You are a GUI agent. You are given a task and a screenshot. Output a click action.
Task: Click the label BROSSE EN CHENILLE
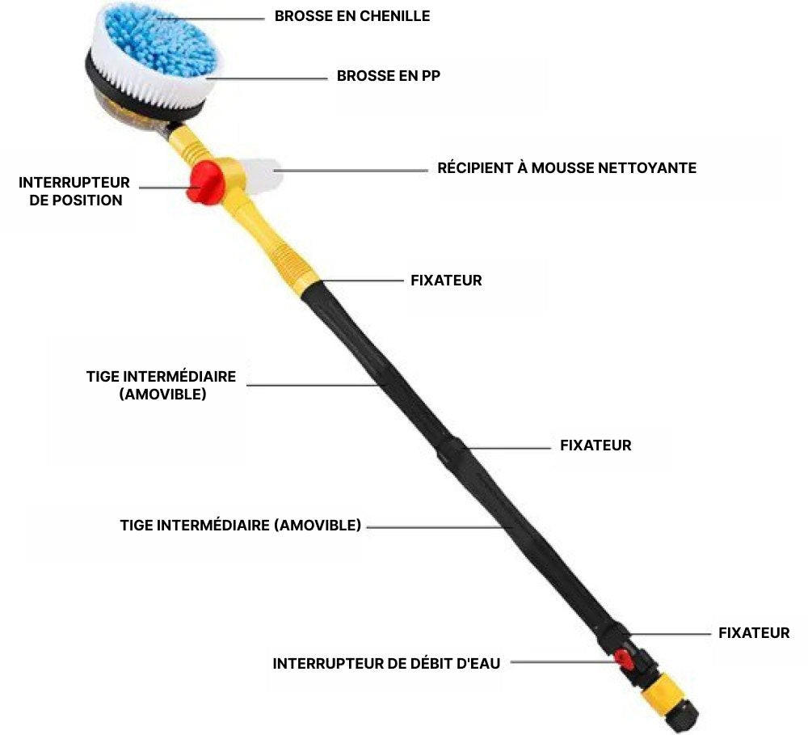(352, 16)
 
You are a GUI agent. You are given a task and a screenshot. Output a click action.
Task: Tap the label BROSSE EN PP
(389, 76)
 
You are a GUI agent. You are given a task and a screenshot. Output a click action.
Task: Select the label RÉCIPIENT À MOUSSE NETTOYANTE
(566, 168)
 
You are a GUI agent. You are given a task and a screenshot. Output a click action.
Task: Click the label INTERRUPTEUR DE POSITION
(74, 192)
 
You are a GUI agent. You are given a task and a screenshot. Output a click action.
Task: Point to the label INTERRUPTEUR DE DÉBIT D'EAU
(386, 664)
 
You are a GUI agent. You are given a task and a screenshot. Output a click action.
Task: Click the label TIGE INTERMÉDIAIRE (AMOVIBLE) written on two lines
(161, 386)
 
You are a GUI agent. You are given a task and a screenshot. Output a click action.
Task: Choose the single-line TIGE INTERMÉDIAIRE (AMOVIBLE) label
(241, 526)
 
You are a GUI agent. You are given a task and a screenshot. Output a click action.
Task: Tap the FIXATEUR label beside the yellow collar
(447, 281)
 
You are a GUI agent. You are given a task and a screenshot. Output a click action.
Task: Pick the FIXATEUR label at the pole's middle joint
(595, 446)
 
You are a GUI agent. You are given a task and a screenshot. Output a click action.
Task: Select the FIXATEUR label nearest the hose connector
(754, 633)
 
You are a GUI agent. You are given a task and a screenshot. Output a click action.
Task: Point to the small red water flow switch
(624, 659)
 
